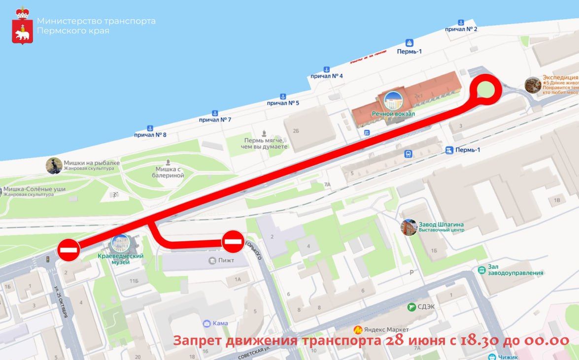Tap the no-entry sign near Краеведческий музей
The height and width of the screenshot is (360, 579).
(69, 250)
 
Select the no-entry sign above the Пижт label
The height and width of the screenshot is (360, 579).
(233, 241)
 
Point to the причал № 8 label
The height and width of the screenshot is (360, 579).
(150, 135)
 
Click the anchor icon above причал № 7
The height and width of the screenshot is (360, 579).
(215, 113)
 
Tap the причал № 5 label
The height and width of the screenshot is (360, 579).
(283, 103)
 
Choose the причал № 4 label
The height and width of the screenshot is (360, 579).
(327, 76)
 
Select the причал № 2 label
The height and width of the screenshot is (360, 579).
(461, 29)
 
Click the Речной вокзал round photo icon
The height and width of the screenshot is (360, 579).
(393, 101)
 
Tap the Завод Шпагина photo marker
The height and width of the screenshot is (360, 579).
(409, 227)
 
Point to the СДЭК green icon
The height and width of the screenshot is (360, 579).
(411, 307)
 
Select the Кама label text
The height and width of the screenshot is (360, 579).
(220, 324)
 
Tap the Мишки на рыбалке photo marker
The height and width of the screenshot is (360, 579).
(54, 165)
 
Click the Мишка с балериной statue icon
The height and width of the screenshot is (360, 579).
(169, 162)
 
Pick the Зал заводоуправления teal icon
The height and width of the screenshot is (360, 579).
(481, 270)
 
